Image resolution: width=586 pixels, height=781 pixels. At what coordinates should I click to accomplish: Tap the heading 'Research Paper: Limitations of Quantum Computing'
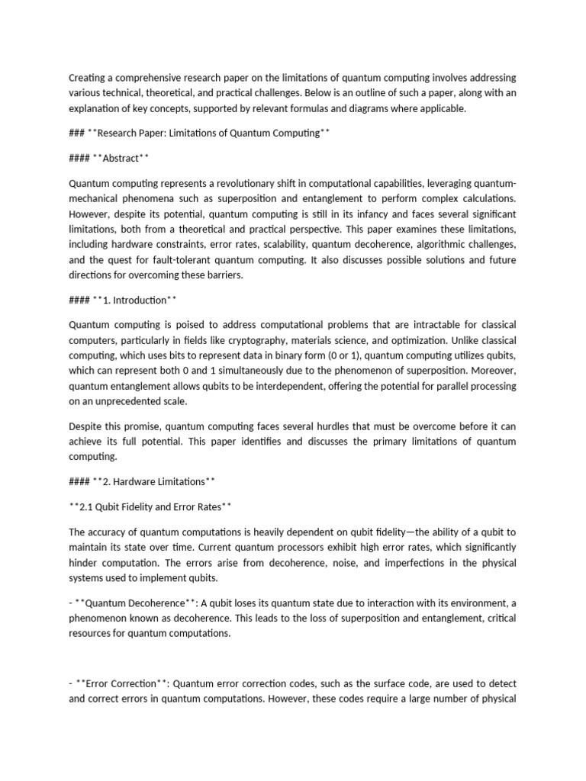coord(207,133)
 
